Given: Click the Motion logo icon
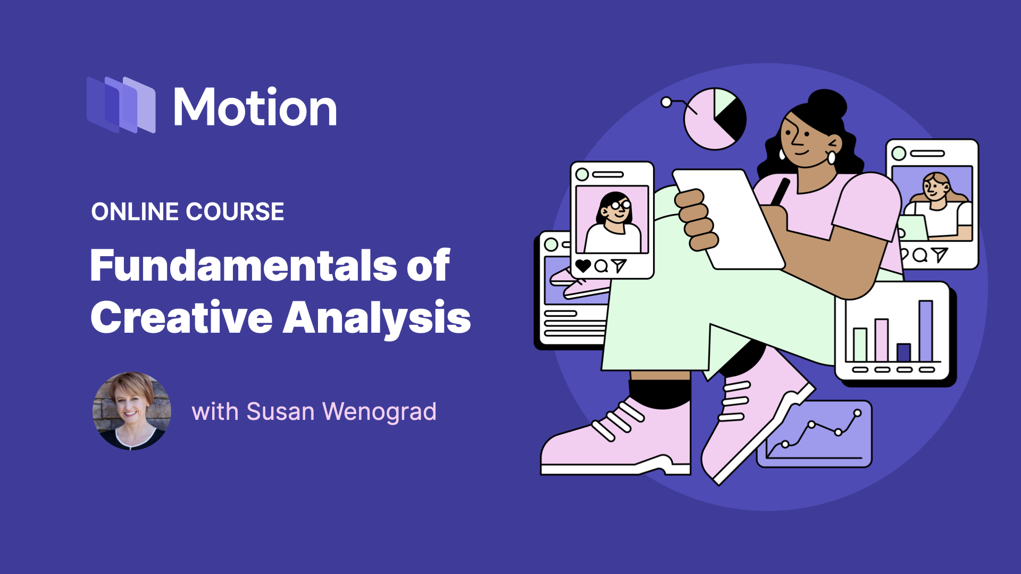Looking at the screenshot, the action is [121, 105].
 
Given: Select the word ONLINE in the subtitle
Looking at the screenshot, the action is [135, 212].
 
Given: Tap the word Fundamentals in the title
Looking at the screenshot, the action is [244, 265].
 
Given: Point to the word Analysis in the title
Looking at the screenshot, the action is [377, 318].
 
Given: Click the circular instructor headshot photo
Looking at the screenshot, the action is [132, 411].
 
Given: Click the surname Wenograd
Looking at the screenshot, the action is [379, 411].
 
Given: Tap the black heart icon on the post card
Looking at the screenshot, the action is [583, 266].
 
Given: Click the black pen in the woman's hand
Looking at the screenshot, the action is [780, 192].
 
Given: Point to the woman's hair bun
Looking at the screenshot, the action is [827, 104].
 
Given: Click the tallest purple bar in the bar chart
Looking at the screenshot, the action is [926, 331].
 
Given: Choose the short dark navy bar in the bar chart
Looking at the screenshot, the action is [903, 352].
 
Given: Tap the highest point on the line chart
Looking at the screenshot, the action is [857, 413].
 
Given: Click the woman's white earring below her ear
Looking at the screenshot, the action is [831, 158].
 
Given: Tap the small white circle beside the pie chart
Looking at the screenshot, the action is [666, 102].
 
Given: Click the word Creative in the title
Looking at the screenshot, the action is [182, 318].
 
